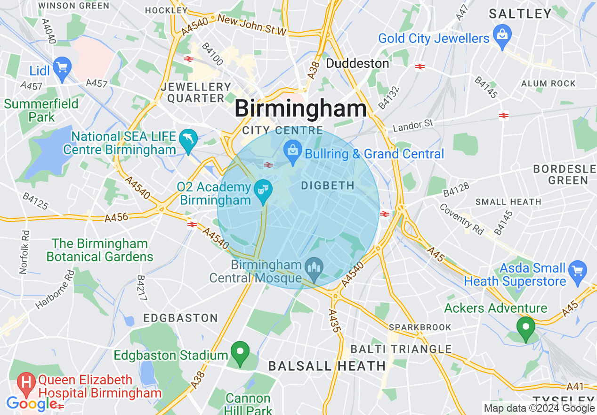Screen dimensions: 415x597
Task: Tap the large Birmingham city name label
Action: pos(300,109)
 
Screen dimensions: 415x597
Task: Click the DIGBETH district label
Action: pos(328,186)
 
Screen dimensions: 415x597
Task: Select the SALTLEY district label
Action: pos(520,14)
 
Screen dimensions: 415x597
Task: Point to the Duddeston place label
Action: pos(357,63)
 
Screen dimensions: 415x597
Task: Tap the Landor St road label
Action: pos(412,126)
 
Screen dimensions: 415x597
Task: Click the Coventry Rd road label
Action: pos(461,219)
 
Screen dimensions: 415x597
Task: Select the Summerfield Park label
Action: pos(41,110)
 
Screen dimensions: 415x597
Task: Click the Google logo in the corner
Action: pos(32,404)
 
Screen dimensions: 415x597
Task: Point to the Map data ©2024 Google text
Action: pos(539,408)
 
